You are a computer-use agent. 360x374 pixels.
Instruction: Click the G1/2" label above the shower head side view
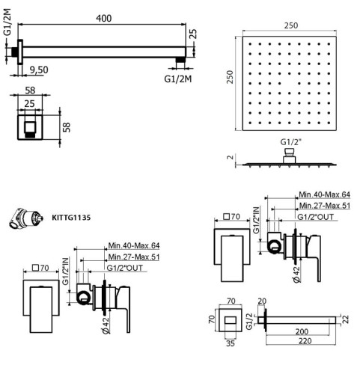tap(289, 141)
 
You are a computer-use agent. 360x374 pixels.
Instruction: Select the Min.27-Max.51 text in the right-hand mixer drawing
tap(324, 206)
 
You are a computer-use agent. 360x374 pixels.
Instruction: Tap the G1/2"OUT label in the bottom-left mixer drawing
tap(124, 268)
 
